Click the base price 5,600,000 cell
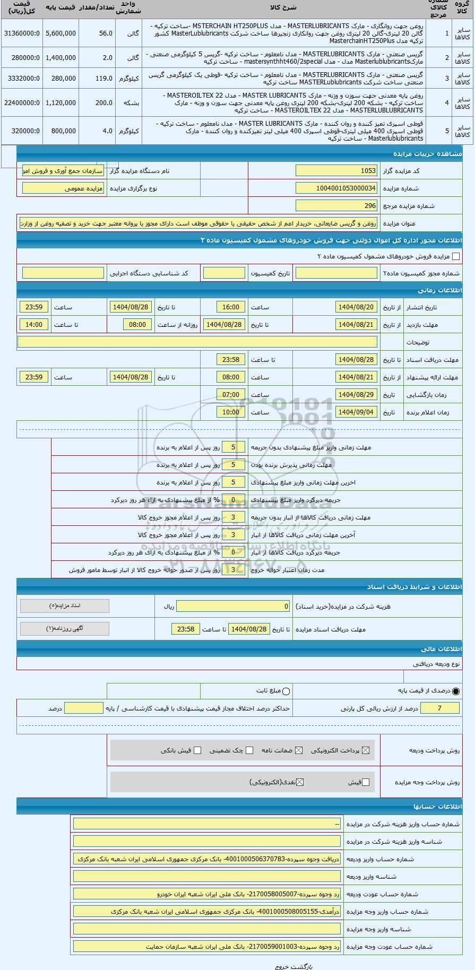[61, 33]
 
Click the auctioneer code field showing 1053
[336, 171]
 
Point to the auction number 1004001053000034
[336, 188]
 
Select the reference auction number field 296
[336, 206]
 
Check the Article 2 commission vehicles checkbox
[456, 257]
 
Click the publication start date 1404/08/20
[357, 307]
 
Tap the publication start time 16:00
[231, 307]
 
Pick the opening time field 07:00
[231, 395]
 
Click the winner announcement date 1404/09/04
[357, 412]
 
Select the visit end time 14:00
[34, 325]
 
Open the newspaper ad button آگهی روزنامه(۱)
[65, 629]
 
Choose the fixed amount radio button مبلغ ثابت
[287, 691]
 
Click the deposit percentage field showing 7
[439, 708]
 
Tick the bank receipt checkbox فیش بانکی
[197, 750]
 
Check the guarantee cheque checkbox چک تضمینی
[249, 750]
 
